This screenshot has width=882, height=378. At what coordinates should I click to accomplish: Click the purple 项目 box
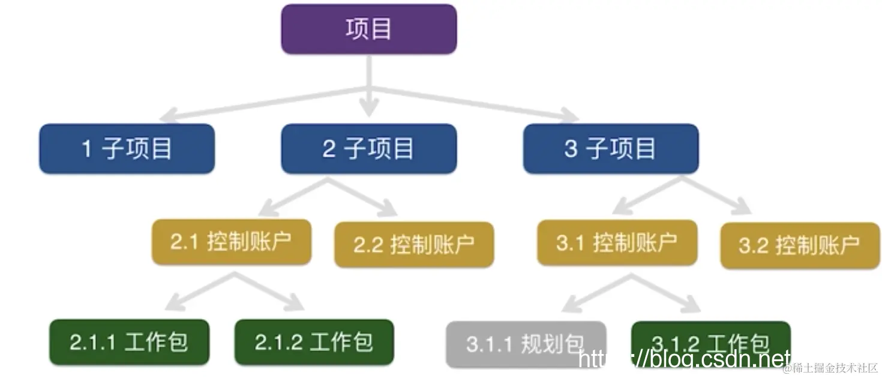[x=368, y=29]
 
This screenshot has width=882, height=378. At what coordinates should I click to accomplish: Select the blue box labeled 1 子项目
[x=127, y=149]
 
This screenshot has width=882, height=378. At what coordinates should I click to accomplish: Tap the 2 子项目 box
[x=368, y=149]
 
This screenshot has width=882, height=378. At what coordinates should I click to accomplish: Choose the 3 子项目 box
[x=610, y=149]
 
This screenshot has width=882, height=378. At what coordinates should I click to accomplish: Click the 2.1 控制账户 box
[x=231, y=242]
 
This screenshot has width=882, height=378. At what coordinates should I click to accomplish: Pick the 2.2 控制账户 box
[x=414, y=244]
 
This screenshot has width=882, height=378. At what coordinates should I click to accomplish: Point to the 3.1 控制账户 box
[x=617, y=242]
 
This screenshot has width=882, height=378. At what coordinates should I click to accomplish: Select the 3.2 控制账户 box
[x=800, y=245]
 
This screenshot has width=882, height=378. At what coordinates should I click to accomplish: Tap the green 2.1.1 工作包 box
[x=129, y=342]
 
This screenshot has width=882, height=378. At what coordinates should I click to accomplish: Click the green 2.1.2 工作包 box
[x=314, y=342]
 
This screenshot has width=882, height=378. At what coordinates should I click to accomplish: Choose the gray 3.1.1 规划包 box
[x=525, y=344]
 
